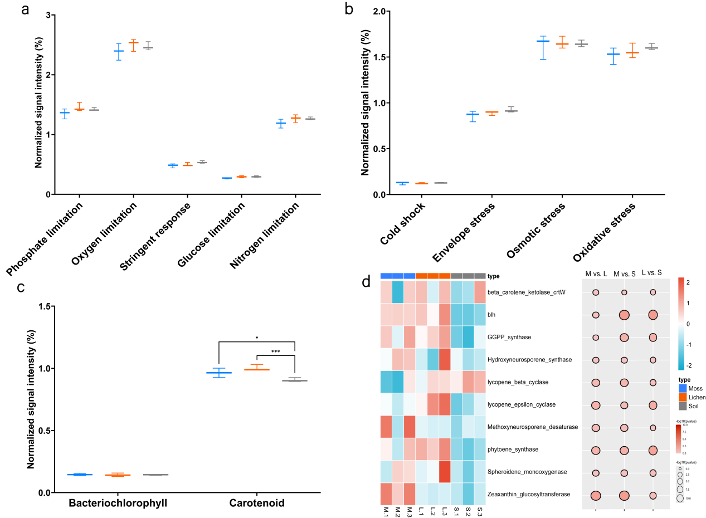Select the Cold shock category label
click(403, 226)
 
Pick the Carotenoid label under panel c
click(257, 504)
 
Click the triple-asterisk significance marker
click(275, 352)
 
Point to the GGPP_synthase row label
click(509, 337)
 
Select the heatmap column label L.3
click(445, 510)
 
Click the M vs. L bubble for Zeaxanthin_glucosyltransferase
click(596, 495)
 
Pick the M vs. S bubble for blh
click(624, 315)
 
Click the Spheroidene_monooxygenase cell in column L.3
click(445, 472)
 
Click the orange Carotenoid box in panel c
click(257, 369)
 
